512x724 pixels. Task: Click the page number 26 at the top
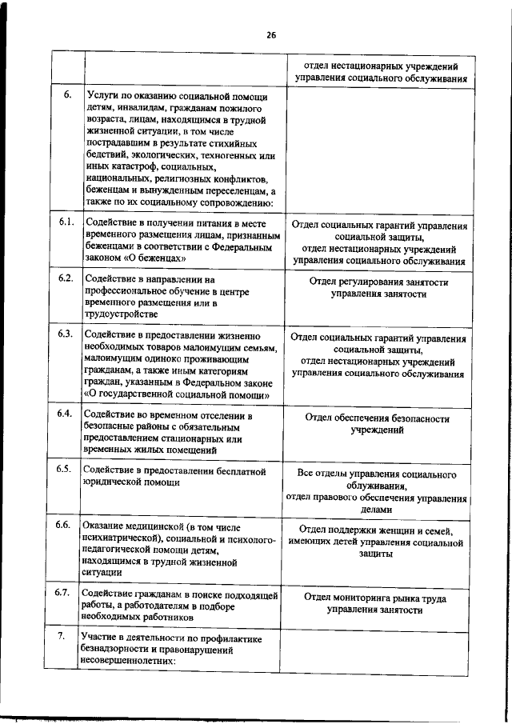pyautogui.click(x=271, y=35)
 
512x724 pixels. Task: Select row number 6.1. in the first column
pyautogui.click(x=66, y=222)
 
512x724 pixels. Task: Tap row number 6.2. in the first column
pyautogui.click(x=66, y=278)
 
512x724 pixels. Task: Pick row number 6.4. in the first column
pyautogui.click(x=66, y=414)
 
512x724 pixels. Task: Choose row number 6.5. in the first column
pyautogui.click(x=66, y=469)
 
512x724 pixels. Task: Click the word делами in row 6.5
pyautogui.click(x=376, y=510)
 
